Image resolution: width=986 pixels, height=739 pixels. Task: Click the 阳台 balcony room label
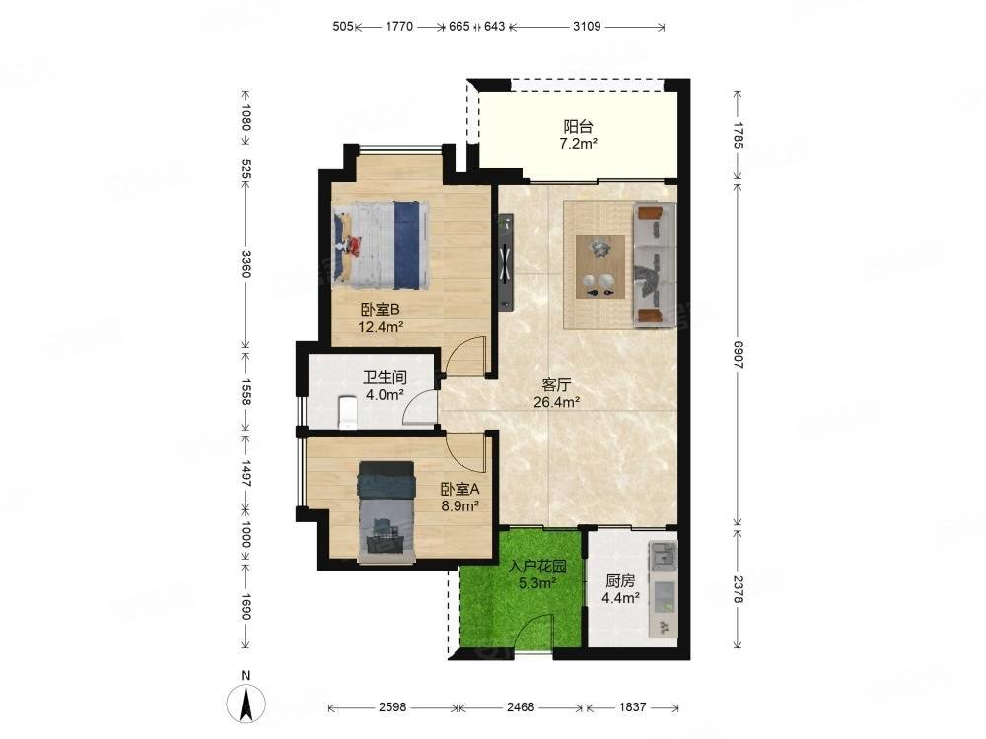[x=578, y=126]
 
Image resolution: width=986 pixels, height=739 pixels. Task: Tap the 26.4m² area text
[x=556, y=402]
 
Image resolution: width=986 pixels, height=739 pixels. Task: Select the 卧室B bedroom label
[x=381, y=309]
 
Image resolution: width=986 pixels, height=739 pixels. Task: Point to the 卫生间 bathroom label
[x=385, y=377]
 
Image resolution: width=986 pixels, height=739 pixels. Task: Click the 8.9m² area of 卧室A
[x=460, y=505]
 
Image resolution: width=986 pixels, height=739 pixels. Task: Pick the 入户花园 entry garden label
[x=537, y=567]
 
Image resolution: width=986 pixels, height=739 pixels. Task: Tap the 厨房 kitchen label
[x=620, y=581]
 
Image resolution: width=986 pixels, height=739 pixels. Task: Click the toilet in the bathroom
[x=348, y=412]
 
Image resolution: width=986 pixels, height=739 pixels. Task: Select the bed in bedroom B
[x=382, y=245]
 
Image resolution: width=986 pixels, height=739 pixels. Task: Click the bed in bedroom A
[x=387, y=511]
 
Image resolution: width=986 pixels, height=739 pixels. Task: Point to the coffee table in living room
[x=599, y=266]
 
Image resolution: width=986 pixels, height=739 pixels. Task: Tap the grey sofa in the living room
[x=655, y=264]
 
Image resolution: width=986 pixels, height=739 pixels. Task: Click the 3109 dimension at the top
[x=587, y=27]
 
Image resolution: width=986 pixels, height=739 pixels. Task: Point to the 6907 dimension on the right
[x=739, y=355]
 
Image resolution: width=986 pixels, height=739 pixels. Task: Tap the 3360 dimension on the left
[x=246, y=264]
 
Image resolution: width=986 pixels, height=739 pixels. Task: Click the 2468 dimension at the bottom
[x=521, y=707]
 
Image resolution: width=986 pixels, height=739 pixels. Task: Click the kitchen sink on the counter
[x=663, y=555]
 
